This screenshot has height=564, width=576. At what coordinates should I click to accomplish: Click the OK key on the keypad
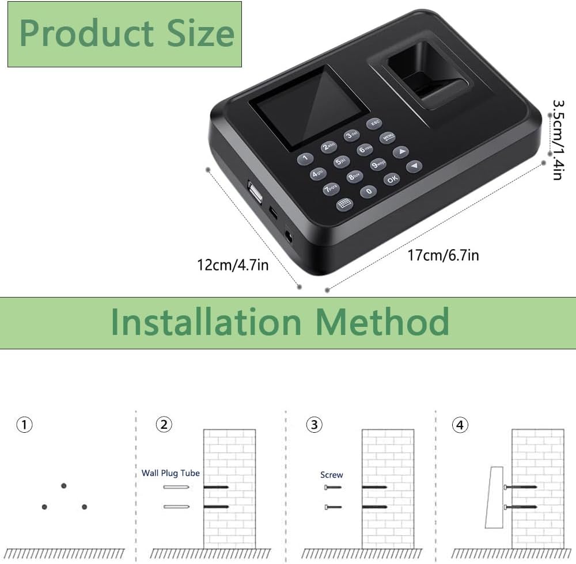point(392,178)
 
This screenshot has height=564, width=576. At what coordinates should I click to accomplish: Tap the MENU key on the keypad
point(387,138)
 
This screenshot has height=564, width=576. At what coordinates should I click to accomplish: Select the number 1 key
point(305,158)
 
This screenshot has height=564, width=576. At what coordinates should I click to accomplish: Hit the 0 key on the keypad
point(369,192)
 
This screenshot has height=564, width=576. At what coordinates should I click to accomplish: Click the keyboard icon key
point(344,204)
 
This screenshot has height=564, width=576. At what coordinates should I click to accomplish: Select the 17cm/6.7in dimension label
point(443,255)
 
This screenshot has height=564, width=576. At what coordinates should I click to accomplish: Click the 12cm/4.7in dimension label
point(233,265)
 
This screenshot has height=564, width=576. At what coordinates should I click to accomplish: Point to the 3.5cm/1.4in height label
point(557,140)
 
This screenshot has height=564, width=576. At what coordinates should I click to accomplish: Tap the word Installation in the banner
point(206,322)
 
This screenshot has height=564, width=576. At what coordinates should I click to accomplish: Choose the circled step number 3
point(313,425)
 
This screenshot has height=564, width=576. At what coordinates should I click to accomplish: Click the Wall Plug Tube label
point(170,473)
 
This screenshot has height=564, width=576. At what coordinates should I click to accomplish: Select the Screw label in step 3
point(331,475)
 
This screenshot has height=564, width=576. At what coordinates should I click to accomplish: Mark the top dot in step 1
point(63,486)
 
